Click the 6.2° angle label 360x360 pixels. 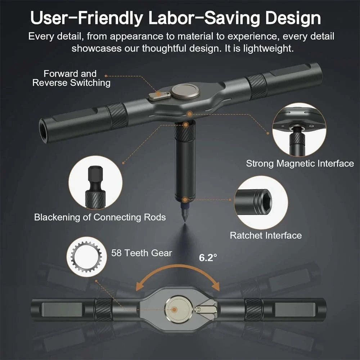pos(208,257)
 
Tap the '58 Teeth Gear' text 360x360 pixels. pos(141,253)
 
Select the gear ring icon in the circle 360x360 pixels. pos(86,257)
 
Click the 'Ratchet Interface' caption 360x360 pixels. pos(266,235)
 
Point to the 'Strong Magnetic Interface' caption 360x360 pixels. pos(300,163)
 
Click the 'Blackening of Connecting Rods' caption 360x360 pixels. pos(100,217)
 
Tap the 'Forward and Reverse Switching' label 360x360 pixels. pos(71,78)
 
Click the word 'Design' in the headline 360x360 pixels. pos(293,18)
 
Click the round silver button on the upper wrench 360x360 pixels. pos(186,91)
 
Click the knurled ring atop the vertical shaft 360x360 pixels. pos(185,131)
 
